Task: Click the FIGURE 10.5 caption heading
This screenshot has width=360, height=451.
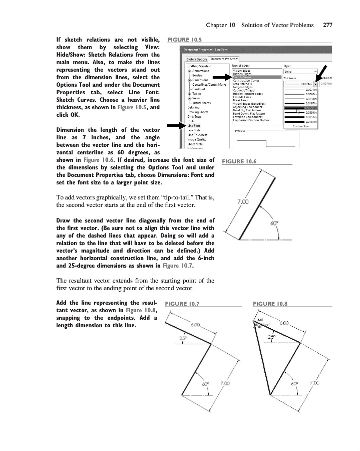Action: tap(184, 39)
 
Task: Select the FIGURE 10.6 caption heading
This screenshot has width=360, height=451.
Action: tap(238, 161)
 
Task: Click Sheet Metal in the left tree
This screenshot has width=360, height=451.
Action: tap(196, 144)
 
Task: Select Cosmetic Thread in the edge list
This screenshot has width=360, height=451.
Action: tap(244, 90)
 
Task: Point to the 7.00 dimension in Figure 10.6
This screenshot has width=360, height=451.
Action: tap(242, 201)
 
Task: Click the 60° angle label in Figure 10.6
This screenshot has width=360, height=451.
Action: tap(274, 224)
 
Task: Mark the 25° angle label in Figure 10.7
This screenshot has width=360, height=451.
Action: tap(184, 338)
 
